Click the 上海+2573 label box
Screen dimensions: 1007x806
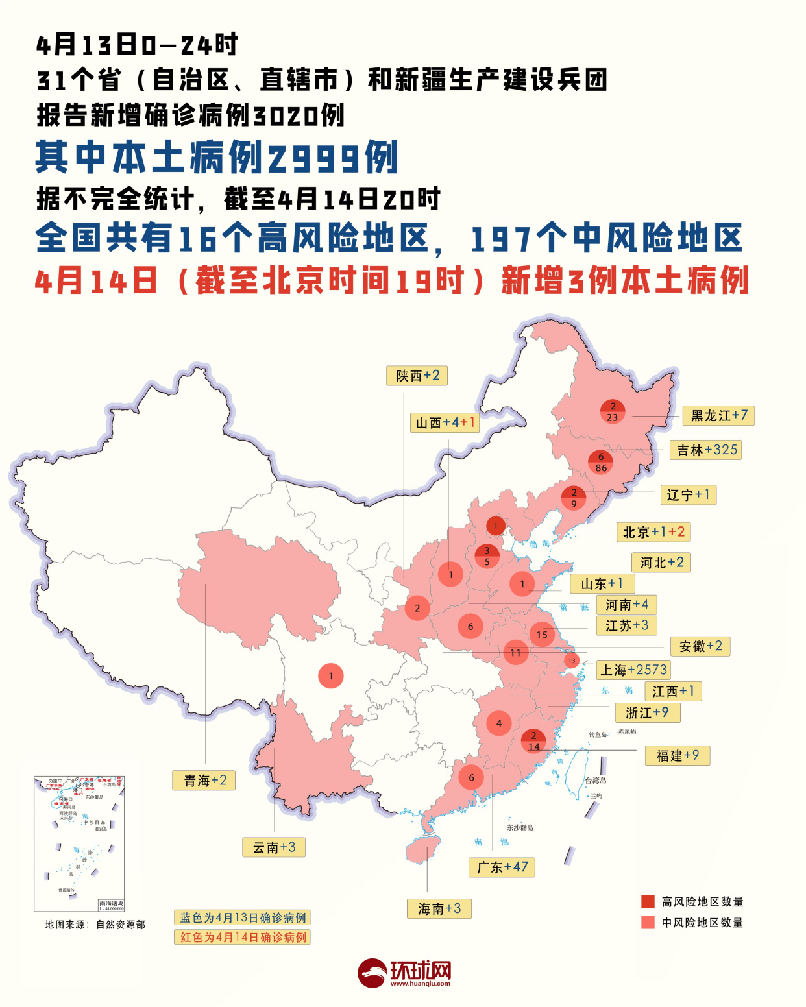(633, 670)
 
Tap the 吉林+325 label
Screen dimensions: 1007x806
(705, 450)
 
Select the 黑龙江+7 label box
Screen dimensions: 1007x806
(718, 415)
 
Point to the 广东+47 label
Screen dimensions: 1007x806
(502, 867)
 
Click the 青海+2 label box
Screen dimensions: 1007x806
(204, 780)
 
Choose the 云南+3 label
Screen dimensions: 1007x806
(274, 847)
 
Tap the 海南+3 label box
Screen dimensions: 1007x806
(439, 908)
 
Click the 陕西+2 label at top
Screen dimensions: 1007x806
(417, 376)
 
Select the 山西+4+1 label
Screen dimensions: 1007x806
(445, 422)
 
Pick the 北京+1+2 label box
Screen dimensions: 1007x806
(653, 532)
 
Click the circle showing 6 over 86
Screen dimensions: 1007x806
(601, 462)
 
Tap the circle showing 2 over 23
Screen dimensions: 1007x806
(612, 411)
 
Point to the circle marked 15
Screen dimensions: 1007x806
(542, 635)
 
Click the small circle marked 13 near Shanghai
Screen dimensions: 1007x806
(571, 661)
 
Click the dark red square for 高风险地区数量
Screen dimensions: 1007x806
(648, 901)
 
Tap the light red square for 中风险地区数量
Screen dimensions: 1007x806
(648, 922)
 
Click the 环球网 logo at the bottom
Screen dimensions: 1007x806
(404, 973)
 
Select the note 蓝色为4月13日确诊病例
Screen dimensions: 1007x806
(242, 917)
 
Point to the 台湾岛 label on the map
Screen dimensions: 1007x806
(595, 781)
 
